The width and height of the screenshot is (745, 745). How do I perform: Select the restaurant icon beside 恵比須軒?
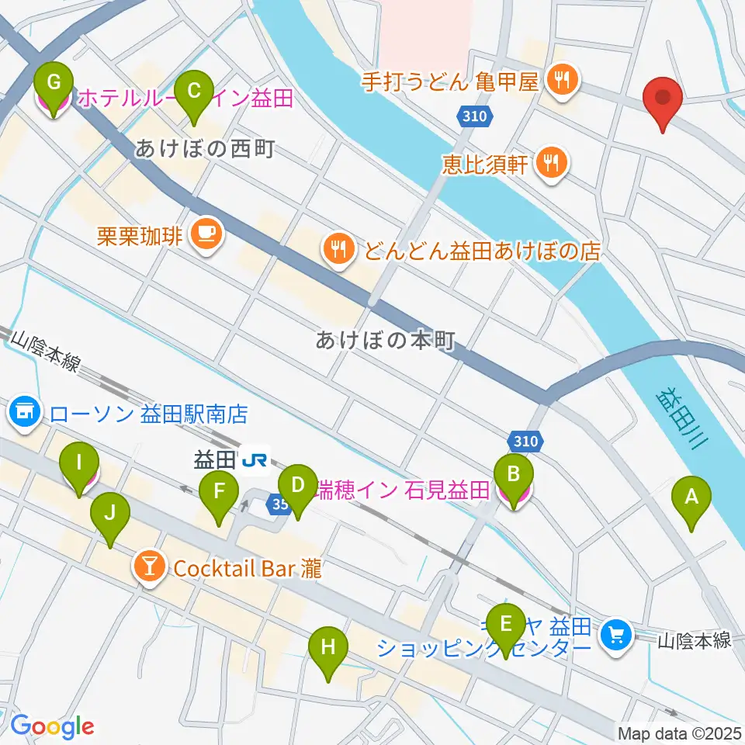pyautogui.click(x=552, y=162)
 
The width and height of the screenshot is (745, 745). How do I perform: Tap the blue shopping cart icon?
pyautogui.click(x=616, y=636)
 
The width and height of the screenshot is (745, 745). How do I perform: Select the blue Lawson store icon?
pyautogui.click(x=24, y=412)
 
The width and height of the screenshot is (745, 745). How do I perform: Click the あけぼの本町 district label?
pyautogui.click(x=384, y=340)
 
